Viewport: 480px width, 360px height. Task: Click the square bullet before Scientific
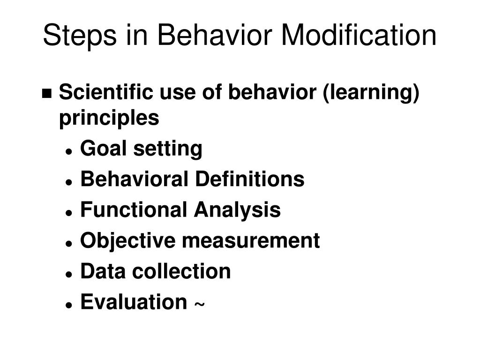tap(47, 93)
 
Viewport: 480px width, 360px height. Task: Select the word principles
tap(109, 118)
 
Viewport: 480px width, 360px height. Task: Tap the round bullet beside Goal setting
tap(69, 151)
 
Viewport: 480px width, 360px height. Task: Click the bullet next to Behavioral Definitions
tap(69, 182)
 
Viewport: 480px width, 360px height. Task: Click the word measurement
tap(251, 241)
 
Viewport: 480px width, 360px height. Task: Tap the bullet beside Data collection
tap(69, 274)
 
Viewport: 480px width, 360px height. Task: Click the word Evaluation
tap(133, 301)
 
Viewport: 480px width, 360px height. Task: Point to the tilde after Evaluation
tap(199, 305)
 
